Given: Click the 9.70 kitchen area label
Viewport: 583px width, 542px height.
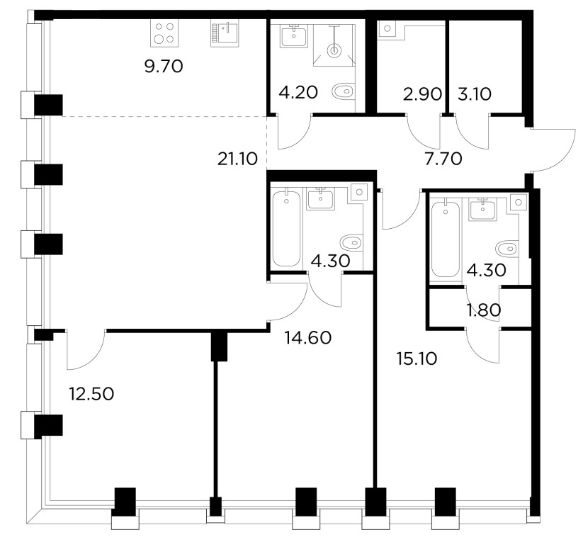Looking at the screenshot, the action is [x=163, y=67].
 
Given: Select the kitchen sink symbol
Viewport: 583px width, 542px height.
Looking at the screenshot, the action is [x=225, y=33].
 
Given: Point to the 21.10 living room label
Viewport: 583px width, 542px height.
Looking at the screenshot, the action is [x=237, y=159].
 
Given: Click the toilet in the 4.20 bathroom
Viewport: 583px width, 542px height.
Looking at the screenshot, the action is [x=343, y=91].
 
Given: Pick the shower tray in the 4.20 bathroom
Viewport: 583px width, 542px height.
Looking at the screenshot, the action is [x=334, y=45].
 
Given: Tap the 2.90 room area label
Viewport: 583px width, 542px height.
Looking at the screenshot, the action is [x=422, y=94].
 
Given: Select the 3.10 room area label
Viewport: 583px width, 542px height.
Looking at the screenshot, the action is [x=474, y=94].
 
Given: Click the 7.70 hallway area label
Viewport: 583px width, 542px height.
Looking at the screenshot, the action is [x=443, y=159].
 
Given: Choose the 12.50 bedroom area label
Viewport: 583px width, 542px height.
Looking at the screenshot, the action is [x=91, y=395].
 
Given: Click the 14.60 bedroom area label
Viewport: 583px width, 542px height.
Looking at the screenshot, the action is [x=307, y=338].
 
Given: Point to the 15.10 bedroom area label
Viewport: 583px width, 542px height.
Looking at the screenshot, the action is [x=417, y=359].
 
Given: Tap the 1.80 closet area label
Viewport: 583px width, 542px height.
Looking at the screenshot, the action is [x=484, y=310].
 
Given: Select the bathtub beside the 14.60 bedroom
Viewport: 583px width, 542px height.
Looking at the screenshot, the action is [x=286, y=228].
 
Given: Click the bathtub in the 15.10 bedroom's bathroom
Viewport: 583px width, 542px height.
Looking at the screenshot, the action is [x=446, y=238].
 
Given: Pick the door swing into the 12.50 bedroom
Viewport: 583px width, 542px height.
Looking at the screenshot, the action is [x=95, y=359].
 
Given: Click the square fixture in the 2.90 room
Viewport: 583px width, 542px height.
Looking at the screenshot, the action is [x=387, y=29].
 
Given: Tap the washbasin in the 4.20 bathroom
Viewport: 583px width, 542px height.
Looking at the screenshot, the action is [x=294, y=36].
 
